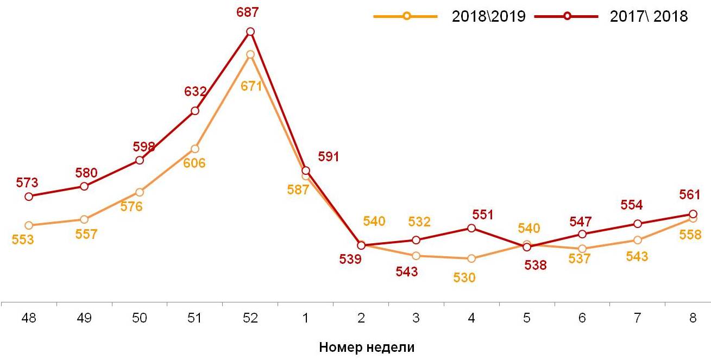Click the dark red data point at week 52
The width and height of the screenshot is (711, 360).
(250, 31)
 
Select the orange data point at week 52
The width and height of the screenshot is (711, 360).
(250, 54)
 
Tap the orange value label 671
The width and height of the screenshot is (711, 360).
(251, 85)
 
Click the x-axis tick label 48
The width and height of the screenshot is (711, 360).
(29, 319)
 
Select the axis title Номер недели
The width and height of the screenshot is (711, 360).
(367, 347)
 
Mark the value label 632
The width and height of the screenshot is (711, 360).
(195, 91)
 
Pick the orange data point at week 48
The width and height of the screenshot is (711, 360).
(29, 225)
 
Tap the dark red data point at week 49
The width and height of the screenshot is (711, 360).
(84, 186)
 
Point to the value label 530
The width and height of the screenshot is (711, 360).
(464, 277)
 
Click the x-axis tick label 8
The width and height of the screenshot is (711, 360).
(693, 319)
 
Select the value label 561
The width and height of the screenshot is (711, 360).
(690, 194)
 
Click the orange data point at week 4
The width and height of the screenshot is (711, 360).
(471, 258)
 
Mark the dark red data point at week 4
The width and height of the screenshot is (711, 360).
(471, 228)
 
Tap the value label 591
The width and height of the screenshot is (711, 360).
(329, 157)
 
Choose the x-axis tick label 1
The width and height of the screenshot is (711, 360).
(305, 319)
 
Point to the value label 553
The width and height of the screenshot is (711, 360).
(23, 239)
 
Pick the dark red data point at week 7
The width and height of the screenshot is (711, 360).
(638, 224)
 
